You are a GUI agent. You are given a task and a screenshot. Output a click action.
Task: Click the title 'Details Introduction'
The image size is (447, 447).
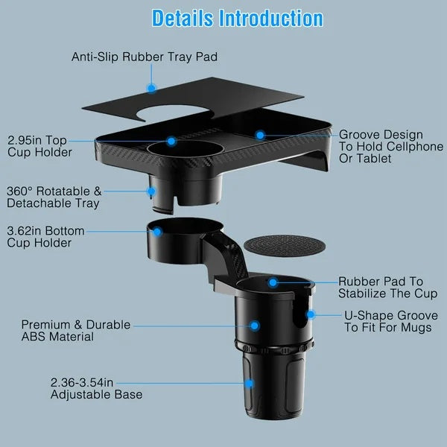point(237,19)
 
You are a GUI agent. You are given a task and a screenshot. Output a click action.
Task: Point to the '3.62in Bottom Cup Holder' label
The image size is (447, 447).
point(46,237)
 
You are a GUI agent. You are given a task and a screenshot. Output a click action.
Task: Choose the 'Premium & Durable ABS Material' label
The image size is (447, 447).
point(75,331)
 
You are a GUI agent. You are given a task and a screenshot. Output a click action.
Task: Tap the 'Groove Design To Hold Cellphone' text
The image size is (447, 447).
point(391,147)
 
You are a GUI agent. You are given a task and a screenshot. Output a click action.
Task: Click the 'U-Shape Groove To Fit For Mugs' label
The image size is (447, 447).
point(387,322)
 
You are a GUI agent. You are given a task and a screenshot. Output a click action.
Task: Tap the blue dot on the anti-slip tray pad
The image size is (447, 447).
point(151,88)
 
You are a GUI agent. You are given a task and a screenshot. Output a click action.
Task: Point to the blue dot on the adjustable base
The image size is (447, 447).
point(249,384)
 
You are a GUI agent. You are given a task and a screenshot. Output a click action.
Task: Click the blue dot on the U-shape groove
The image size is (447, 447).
point(310,315)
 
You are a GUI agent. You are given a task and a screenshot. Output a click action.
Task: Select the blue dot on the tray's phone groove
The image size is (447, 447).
point(260,135)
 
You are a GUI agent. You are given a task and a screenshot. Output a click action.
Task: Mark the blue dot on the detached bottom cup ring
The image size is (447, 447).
point(158,232)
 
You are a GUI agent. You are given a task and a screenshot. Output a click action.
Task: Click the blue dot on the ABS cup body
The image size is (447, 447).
point(254,326)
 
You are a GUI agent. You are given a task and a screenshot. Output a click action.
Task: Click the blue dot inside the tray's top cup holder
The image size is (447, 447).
point(171,140)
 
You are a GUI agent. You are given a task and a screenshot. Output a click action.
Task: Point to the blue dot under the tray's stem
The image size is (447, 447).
point(153,191)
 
